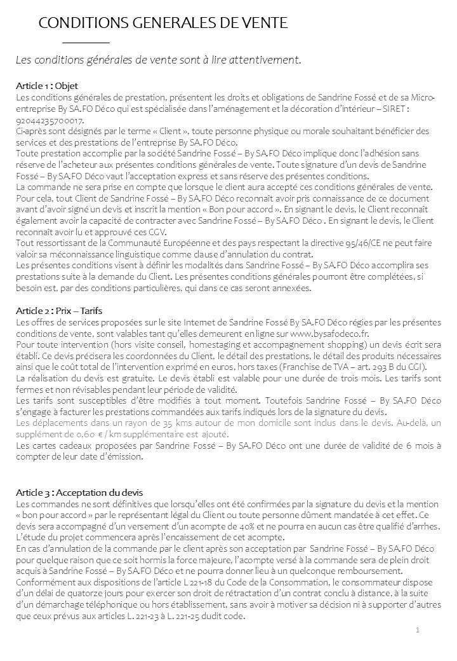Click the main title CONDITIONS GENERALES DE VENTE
click(163, 24)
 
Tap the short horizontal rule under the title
click(86, 42)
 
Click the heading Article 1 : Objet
click(47, 86)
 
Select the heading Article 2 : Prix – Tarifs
click(59, 311)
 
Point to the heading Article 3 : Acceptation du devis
click(79, 493)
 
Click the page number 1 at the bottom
click(418, 630)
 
